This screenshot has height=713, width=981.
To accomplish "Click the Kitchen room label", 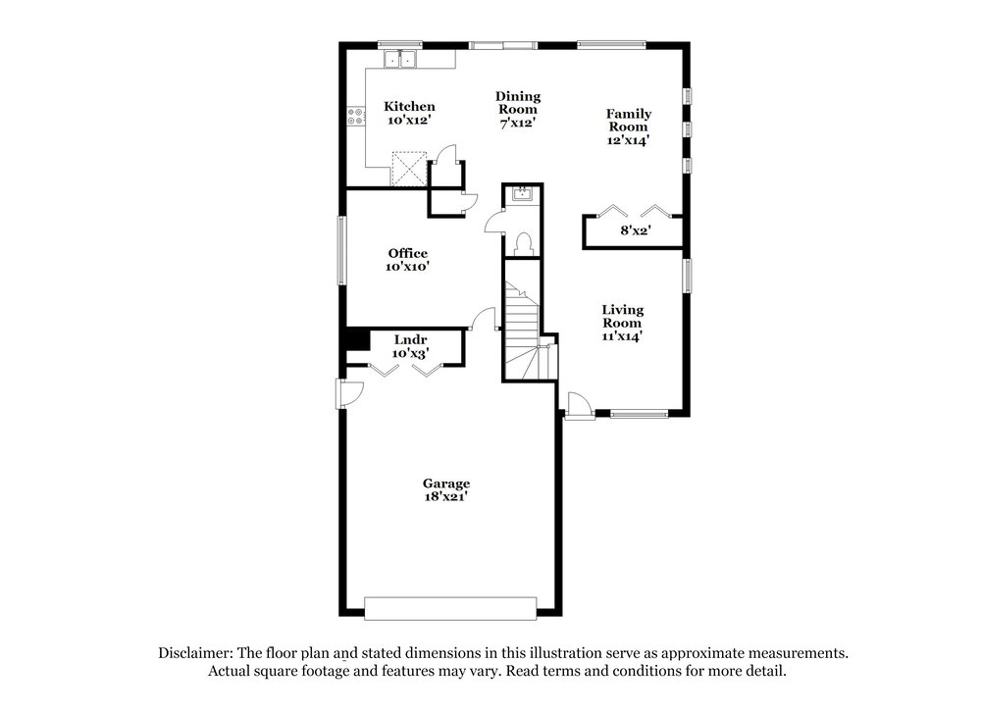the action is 409,106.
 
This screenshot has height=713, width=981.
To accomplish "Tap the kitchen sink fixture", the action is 400,59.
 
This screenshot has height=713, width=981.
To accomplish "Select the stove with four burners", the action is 356,117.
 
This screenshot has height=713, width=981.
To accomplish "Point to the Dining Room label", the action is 518,103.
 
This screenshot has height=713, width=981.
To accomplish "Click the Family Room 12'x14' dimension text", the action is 628,140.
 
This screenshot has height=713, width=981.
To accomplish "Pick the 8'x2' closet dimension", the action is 636,230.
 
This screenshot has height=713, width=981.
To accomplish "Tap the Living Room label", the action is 623,316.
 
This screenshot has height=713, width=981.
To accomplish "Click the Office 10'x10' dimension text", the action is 407,267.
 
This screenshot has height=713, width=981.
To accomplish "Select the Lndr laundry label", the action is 410,339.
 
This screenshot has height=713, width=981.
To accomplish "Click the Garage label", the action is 446,483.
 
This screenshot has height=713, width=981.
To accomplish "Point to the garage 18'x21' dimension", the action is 446,496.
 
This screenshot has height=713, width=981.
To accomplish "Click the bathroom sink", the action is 522,194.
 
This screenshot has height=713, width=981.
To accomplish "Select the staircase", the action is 523,331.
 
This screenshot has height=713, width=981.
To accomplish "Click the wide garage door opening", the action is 450,609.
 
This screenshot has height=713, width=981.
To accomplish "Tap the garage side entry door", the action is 349,394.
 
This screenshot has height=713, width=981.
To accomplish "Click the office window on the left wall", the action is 342,250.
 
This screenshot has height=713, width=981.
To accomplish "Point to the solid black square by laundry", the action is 358,339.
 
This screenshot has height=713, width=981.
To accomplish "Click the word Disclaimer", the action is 195,653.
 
